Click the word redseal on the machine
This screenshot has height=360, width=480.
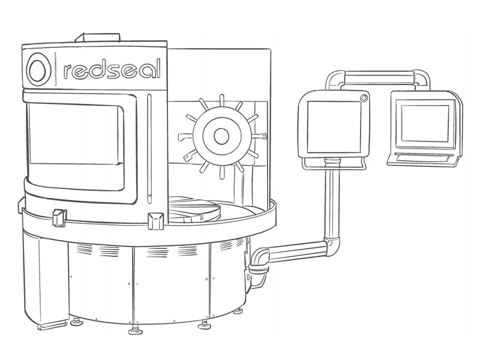pos(112,69)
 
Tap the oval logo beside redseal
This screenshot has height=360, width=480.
pos(38,70)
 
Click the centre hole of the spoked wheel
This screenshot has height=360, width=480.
pos(221,136)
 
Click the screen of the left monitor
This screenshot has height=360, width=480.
pos(334,127)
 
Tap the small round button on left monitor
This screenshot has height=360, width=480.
pos(364,98)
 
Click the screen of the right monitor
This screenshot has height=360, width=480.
pos(425,124)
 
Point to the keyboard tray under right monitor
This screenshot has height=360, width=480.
pos(424,159)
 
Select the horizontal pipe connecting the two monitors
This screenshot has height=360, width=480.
pos(379,76)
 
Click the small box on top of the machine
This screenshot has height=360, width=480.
pos(98,37)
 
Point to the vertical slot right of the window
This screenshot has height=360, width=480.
pos(149,149)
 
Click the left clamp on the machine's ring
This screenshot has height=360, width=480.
pos(59,217)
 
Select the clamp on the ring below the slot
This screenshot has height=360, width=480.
pos(155,221)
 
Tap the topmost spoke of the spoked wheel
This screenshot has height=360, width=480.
pos(221,101)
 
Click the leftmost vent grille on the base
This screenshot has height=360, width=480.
pos(84,249)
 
